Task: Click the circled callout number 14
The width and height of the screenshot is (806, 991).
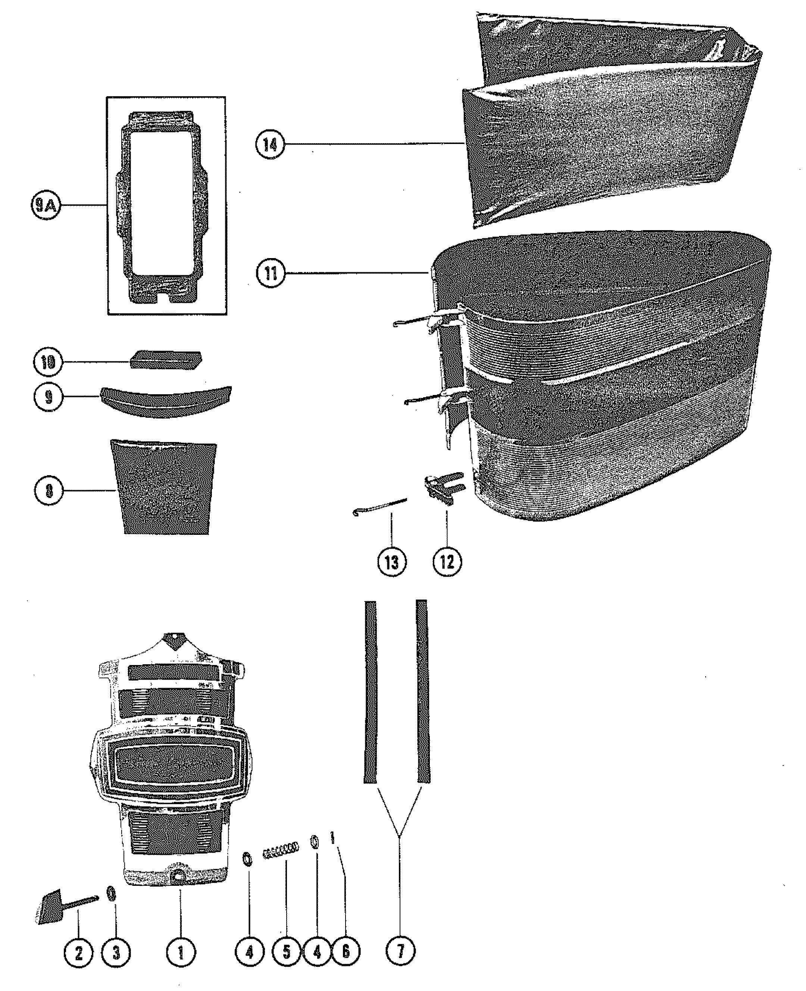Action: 270,145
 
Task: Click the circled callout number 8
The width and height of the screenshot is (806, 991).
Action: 49,490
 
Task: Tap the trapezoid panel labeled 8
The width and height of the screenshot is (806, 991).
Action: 163,487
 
